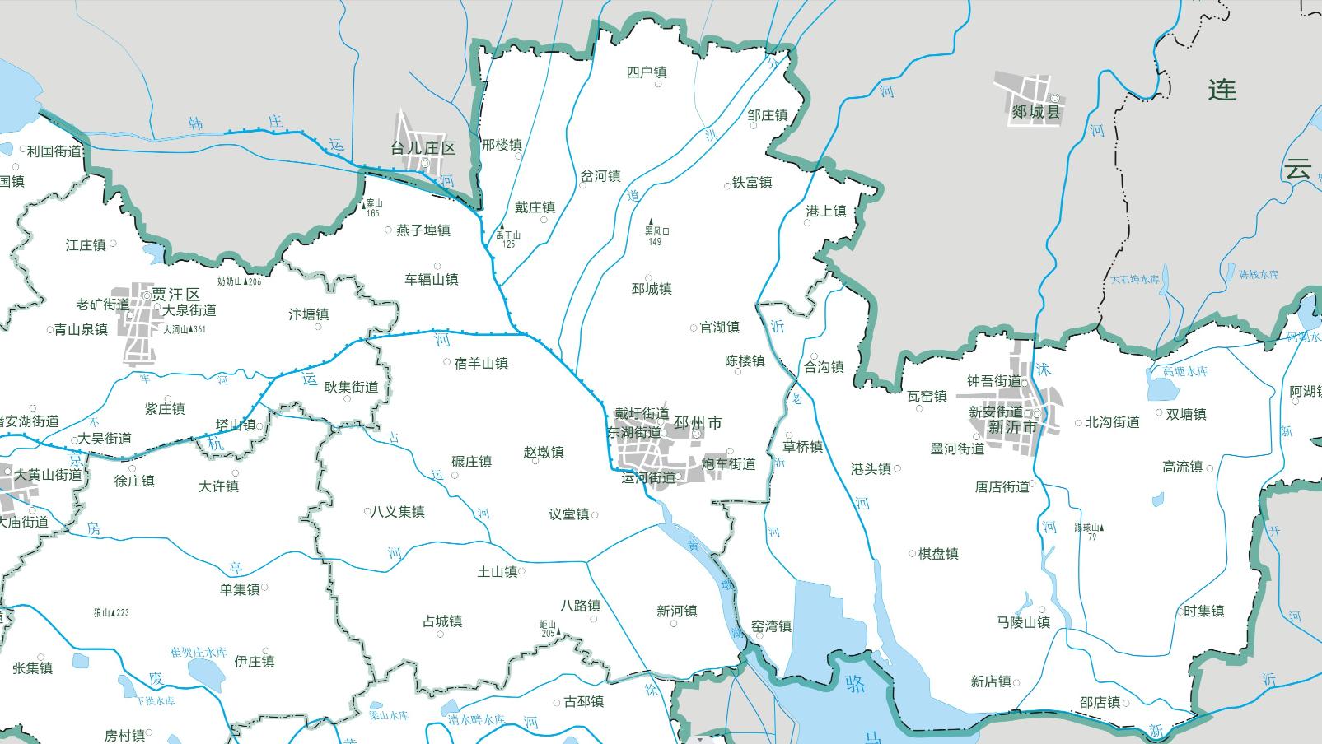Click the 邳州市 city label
click(698, 423)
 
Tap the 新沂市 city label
click(1012, 427)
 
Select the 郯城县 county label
click(1036, 112)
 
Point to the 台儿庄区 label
click(423, 148)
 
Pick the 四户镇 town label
click(647, 72)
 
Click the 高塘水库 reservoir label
click(1185, 371)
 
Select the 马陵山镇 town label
click(1023, 622)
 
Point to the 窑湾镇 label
click(772, 626)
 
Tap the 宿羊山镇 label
click(481, 363)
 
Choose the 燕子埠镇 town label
click(423, 230)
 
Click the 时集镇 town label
click(1203, 611)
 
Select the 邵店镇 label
click(1100, 702)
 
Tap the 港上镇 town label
click(826, 212)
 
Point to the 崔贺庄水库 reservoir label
click(198, 652)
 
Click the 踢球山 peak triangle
click(1102, 528)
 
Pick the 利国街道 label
click(54, 151)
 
